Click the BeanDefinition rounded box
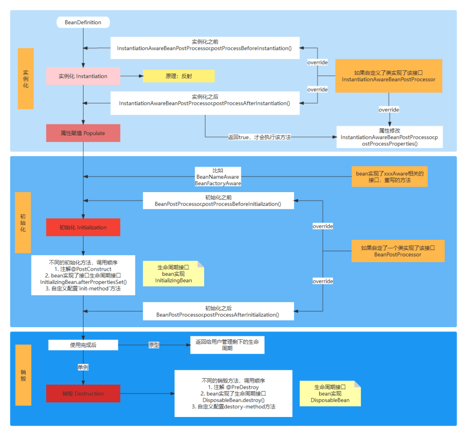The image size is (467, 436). coord(83,22)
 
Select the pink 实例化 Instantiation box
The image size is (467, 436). coord(83,76)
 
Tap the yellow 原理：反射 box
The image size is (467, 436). coord(179,76)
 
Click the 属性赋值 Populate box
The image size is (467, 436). coord(83,133)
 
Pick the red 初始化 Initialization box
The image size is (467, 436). coord(83,227)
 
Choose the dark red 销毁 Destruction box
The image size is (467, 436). coord(83,393)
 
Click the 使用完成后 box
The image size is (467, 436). coord(83,345)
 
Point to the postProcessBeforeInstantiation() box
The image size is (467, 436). coord(205,48)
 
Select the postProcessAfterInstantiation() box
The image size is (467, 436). coord(205,103)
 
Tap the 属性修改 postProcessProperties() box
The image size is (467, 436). coord(390,137)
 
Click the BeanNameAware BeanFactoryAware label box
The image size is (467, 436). coord(218,177)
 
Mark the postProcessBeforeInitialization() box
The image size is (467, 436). coord(218,201)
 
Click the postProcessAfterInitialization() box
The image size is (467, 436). coord(218,311)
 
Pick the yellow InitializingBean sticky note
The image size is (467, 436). coord(173,274)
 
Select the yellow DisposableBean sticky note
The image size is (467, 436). coord(330,393)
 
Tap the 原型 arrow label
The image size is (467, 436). coord(154,345)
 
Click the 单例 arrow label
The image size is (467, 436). coord(83,367)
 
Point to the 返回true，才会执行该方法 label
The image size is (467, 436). coord(259,137)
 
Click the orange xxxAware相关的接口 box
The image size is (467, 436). coord(390,177)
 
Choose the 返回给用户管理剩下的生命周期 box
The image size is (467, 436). coord(227,345)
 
